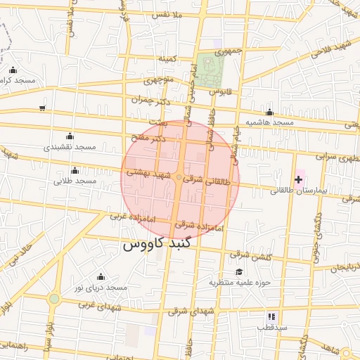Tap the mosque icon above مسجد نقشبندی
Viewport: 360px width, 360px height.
pyautogui.click(x=69, y=136)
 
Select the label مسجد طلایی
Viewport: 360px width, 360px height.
pyautogui.click(x=75, y=181)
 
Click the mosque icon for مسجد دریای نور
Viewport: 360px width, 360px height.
pyautogui.click(x=100, y=276)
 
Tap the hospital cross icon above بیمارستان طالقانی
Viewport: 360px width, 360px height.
pyautogui.click(x=298, y=179)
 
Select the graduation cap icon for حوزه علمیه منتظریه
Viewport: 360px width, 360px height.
pyautogui.click(x=239, y=272)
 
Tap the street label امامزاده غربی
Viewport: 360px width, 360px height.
pyautogui.click(x=132, y=214)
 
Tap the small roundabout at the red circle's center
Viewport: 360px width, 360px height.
pyautogui.click(x=180, y=177)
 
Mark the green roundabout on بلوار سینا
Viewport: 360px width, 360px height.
pyautogui.click(x=54, y=299)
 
